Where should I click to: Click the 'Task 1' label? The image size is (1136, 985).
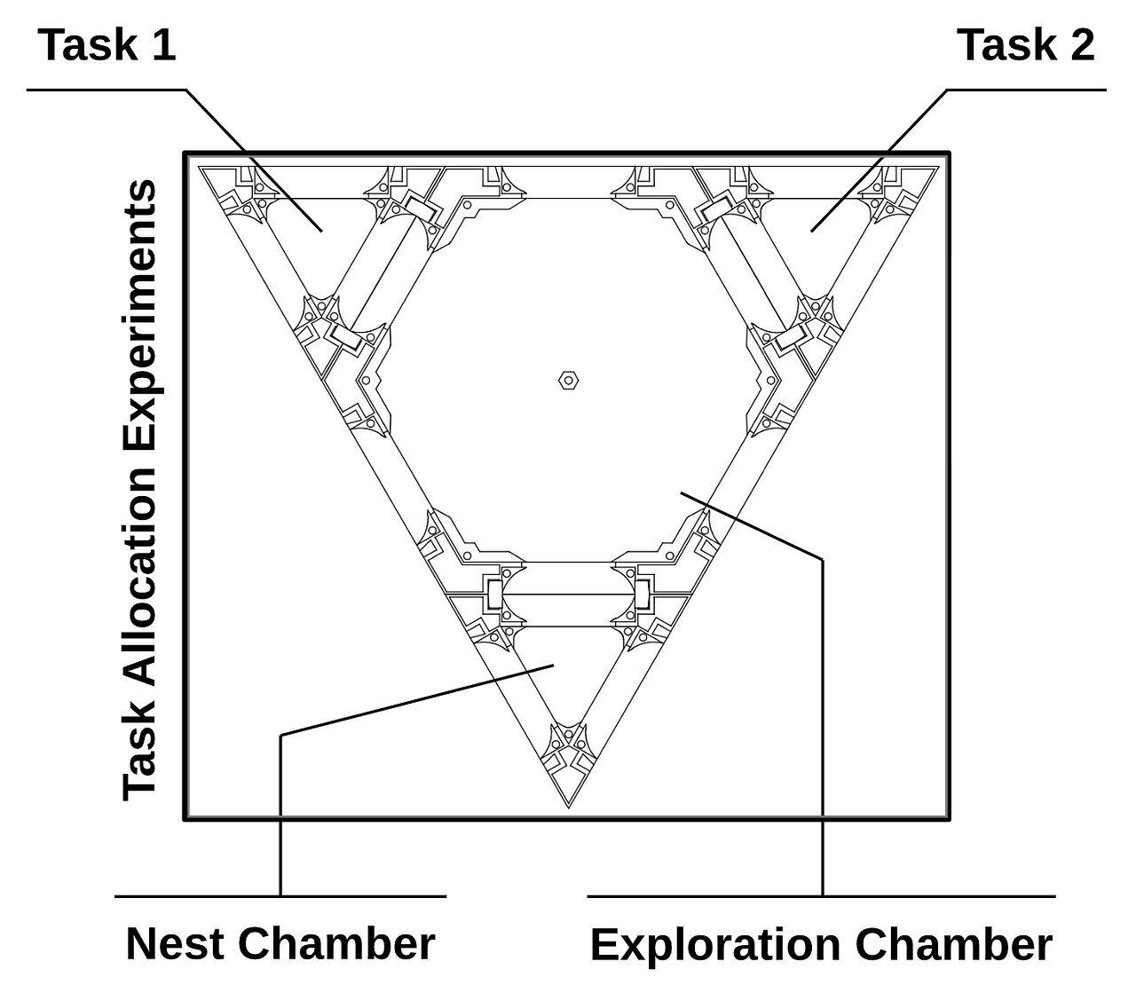[x=107, y=45]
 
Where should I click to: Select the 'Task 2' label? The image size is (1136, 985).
[x=1026, y=45]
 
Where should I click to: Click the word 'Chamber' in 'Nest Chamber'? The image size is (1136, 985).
[x=336, y=943]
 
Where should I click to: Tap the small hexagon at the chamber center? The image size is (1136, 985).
[x=568, y=381]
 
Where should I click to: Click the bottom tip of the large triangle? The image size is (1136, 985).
[x=568, y=808]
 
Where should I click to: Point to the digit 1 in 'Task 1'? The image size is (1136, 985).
[x=163, y=45]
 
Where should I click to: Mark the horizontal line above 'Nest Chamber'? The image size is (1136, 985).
[x=280, y=896]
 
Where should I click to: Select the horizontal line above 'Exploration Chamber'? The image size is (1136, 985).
[x=821, y=896]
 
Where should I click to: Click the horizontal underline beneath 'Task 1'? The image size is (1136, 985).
[x=106, y=90]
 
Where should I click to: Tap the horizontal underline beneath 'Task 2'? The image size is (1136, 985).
[x=1027, y=90]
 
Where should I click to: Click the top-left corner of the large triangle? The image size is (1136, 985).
[x=198, y=167]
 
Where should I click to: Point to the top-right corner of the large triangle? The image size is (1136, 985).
[x=939, y=167]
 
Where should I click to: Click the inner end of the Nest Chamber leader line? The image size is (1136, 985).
[x=553, y=666]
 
